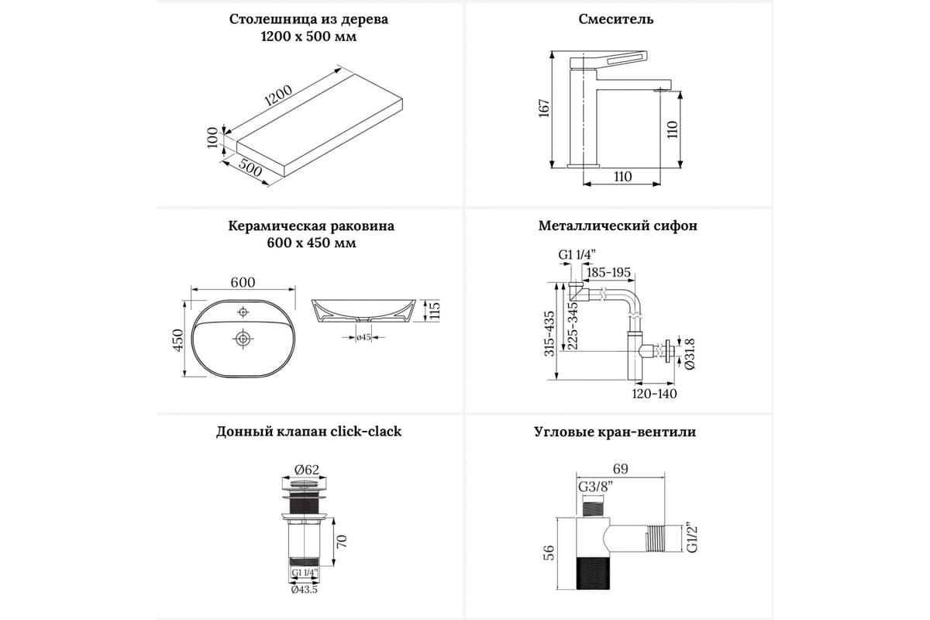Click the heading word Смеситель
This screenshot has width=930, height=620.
[x=616, y=19]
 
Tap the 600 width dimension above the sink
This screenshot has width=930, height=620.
[x=243, y=283]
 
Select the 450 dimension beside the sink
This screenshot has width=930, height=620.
[x=178, y=339]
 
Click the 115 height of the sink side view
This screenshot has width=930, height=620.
[x=435, y=311]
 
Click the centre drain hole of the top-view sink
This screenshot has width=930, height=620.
[x=243, y=339]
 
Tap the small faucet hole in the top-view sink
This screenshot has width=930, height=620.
[x=243, y=312]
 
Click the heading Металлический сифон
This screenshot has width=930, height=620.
[x=618, y=226]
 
